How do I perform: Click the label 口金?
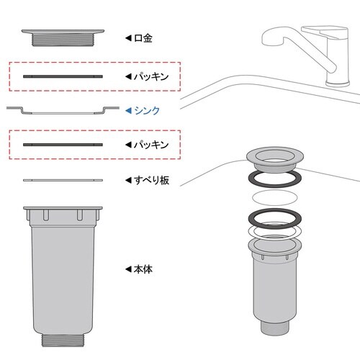click(143, 38)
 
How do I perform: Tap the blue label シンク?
click(147, 111)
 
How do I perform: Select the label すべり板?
click(151, 180)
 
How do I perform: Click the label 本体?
click(143, 269)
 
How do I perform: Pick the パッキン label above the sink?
click(151, 77)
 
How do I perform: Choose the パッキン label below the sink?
click(151, 145)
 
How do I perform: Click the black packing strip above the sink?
click(63, 76)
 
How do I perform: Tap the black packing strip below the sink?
click(63, 145)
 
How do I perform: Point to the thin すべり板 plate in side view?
click(63, 180)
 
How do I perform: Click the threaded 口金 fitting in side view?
click(63, 37)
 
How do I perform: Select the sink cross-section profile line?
click(63, 113)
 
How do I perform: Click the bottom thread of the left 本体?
click(63, 340)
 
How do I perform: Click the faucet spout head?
click(272, 38)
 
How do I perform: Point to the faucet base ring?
click(338, 84)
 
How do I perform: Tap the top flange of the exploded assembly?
click(275, 152)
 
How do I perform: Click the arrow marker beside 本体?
click(128, 269)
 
